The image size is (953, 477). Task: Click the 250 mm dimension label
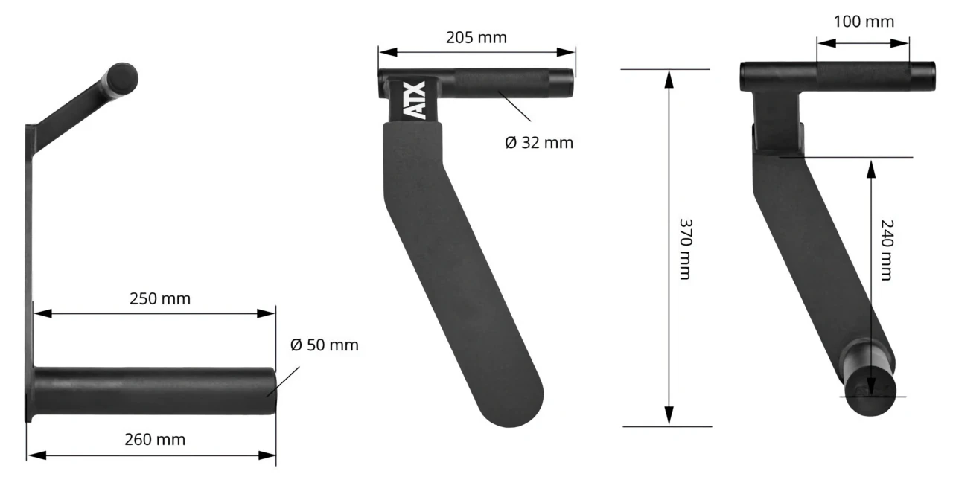[160, 298]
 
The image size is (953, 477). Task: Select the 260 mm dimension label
[155, 439]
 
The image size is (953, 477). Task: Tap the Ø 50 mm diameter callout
[324, 345]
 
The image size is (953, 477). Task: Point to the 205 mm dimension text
[476, 37]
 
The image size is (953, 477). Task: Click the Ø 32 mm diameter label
[539, 142]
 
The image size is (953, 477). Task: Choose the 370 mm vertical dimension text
[686, 249]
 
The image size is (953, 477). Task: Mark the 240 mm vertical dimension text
[886, 249]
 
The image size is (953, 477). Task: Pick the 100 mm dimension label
[864, 21]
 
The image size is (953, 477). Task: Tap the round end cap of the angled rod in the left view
[123, 77]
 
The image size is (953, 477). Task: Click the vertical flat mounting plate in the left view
[29, 268]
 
